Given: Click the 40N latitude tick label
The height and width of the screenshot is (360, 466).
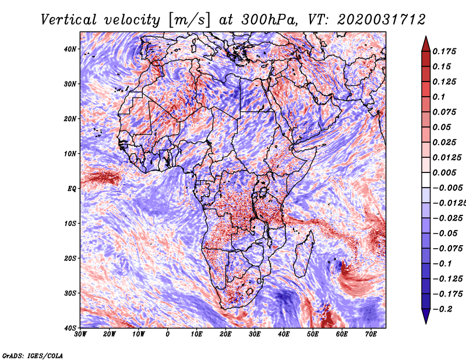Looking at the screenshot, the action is coord(70,49).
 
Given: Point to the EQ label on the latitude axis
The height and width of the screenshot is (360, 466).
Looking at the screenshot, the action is coord(72,189).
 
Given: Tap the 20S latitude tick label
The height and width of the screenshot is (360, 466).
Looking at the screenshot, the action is coord(70,258).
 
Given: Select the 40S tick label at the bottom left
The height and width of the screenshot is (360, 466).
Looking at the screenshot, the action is coord(70,328).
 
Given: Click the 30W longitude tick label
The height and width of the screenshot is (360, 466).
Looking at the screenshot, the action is coord(80,334).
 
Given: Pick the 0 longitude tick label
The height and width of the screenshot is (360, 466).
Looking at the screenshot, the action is coord(168,334).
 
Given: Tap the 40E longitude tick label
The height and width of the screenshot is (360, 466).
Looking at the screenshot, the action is coord(284,334).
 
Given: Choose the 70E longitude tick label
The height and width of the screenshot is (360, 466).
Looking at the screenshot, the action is coord(371,334).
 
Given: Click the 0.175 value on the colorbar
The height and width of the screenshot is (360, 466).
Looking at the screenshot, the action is coord(444,51).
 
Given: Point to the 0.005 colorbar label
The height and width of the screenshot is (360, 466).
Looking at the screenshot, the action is coord(444,172).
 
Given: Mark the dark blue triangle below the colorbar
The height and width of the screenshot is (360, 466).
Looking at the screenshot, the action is coord(426,316).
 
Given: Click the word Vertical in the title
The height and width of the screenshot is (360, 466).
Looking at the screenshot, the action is coord(69,20).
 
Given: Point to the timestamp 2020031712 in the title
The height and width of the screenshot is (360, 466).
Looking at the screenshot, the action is coord(382,20).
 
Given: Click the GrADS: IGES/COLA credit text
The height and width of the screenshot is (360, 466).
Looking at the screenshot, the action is coord(33,355).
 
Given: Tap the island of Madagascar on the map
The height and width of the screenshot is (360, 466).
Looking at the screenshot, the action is coord(303,255).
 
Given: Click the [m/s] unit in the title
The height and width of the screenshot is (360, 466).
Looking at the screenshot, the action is coord(189,20).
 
